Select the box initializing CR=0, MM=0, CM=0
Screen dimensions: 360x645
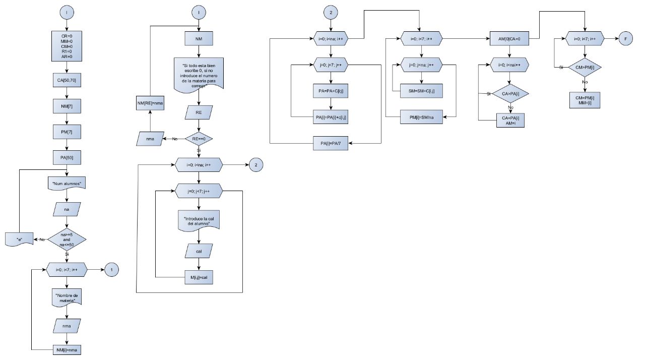(x=67, y=45)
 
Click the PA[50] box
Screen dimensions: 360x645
(x=67, y=157)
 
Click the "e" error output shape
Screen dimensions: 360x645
(x=19, y=239)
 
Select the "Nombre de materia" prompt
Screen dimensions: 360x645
(x=67, y=297)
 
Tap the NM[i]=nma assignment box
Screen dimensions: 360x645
(x=67, y=349)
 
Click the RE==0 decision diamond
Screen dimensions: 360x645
(x=199, y=138)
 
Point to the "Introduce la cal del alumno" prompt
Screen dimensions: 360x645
(x=199, y=221)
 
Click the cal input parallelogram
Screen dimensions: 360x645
(x=199, y=251)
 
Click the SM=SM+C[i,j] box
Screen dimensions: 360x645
(x=421, y=91)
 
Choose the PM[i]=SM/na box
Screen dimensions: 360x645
(x=421, y=117)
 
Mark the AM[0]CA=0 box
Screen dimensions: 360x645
(x=509, y=38)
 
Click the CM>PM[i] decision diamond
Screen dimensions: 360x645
(x=585, y=67)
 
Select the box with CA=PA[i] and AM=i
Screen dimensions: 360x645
(x=509, y=121)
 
